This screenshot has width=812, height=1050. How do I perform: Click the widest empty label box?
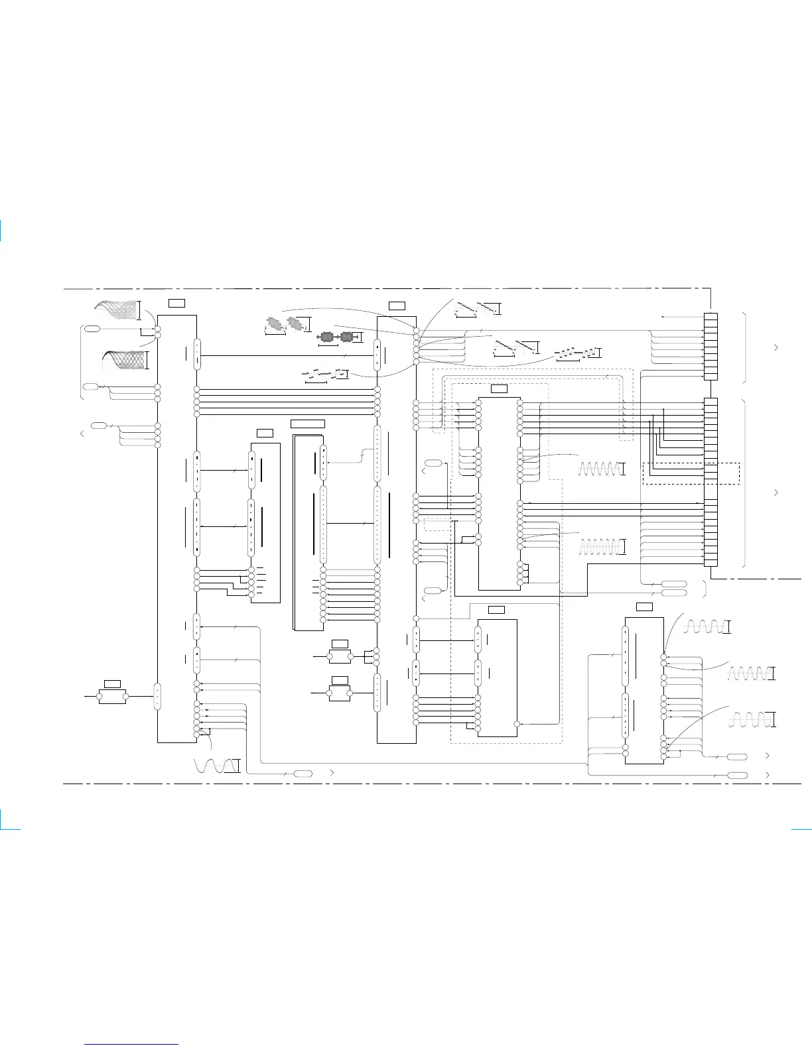[308, 424]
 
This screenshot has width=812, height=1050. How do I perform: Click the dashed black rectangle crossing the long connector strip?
[691, 473]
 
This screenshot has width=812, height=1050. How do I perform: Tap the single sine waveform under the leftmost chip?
[217, 765]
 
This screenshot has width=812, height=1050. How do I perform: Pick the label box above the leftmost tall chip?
[176, 303]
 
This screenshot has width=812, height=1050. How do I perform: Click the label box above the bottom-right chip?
[643, 607]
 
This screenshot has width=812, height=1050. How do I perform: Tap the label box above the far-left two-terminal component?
[112, 683]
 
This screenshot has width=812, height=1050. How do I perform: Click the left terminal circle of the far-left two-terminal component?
[99, 697]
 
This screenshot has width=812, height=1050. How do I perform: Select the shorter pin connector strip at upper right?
[710, 346]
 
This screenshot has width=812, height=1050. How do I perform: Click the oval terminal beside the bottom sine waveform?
[303, 774]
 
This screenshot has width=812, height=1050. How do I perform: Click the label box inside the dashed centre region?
[499, 389]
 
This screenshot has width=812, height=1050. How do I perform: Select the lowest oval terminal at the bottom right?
[737, 775]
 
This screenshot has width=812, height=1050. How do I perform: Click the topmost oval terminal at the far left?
[92, 328]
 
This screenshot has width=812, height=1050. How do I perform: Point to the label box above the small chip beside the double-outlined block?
[264, 433]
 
